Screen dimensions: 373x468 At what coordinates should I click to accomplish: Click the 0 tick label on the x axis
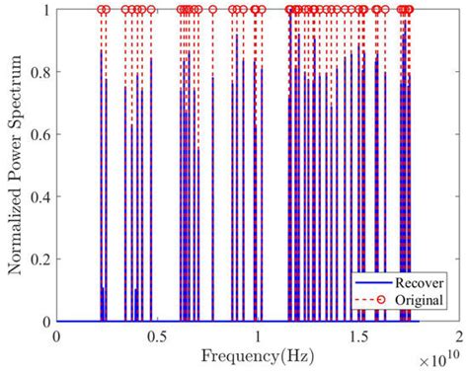pyautogui.click(x=57, y=336)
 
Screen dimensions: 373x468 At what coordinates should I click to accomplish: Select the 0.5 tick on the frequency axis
pyautogui.click(x=156, y=336)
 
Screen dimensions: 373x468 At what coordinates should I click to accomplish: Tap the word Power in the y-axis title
pyautogui.click(x=17, y=160)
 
